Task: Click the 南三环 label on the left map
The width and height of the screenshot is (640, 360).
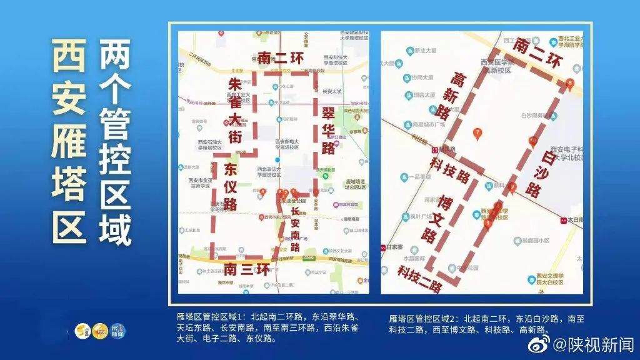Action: point(247,269)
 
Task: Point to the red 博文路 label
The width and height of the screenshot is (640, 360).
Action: point(437,219)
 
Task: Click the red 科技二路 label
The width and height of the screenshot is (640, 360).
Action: point(420,278)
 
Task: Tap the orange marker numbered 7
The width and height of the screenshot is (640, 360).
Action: point(477,132)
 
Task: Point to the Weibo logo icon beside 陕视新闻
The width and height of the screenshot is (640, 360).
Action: point(539,343)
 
